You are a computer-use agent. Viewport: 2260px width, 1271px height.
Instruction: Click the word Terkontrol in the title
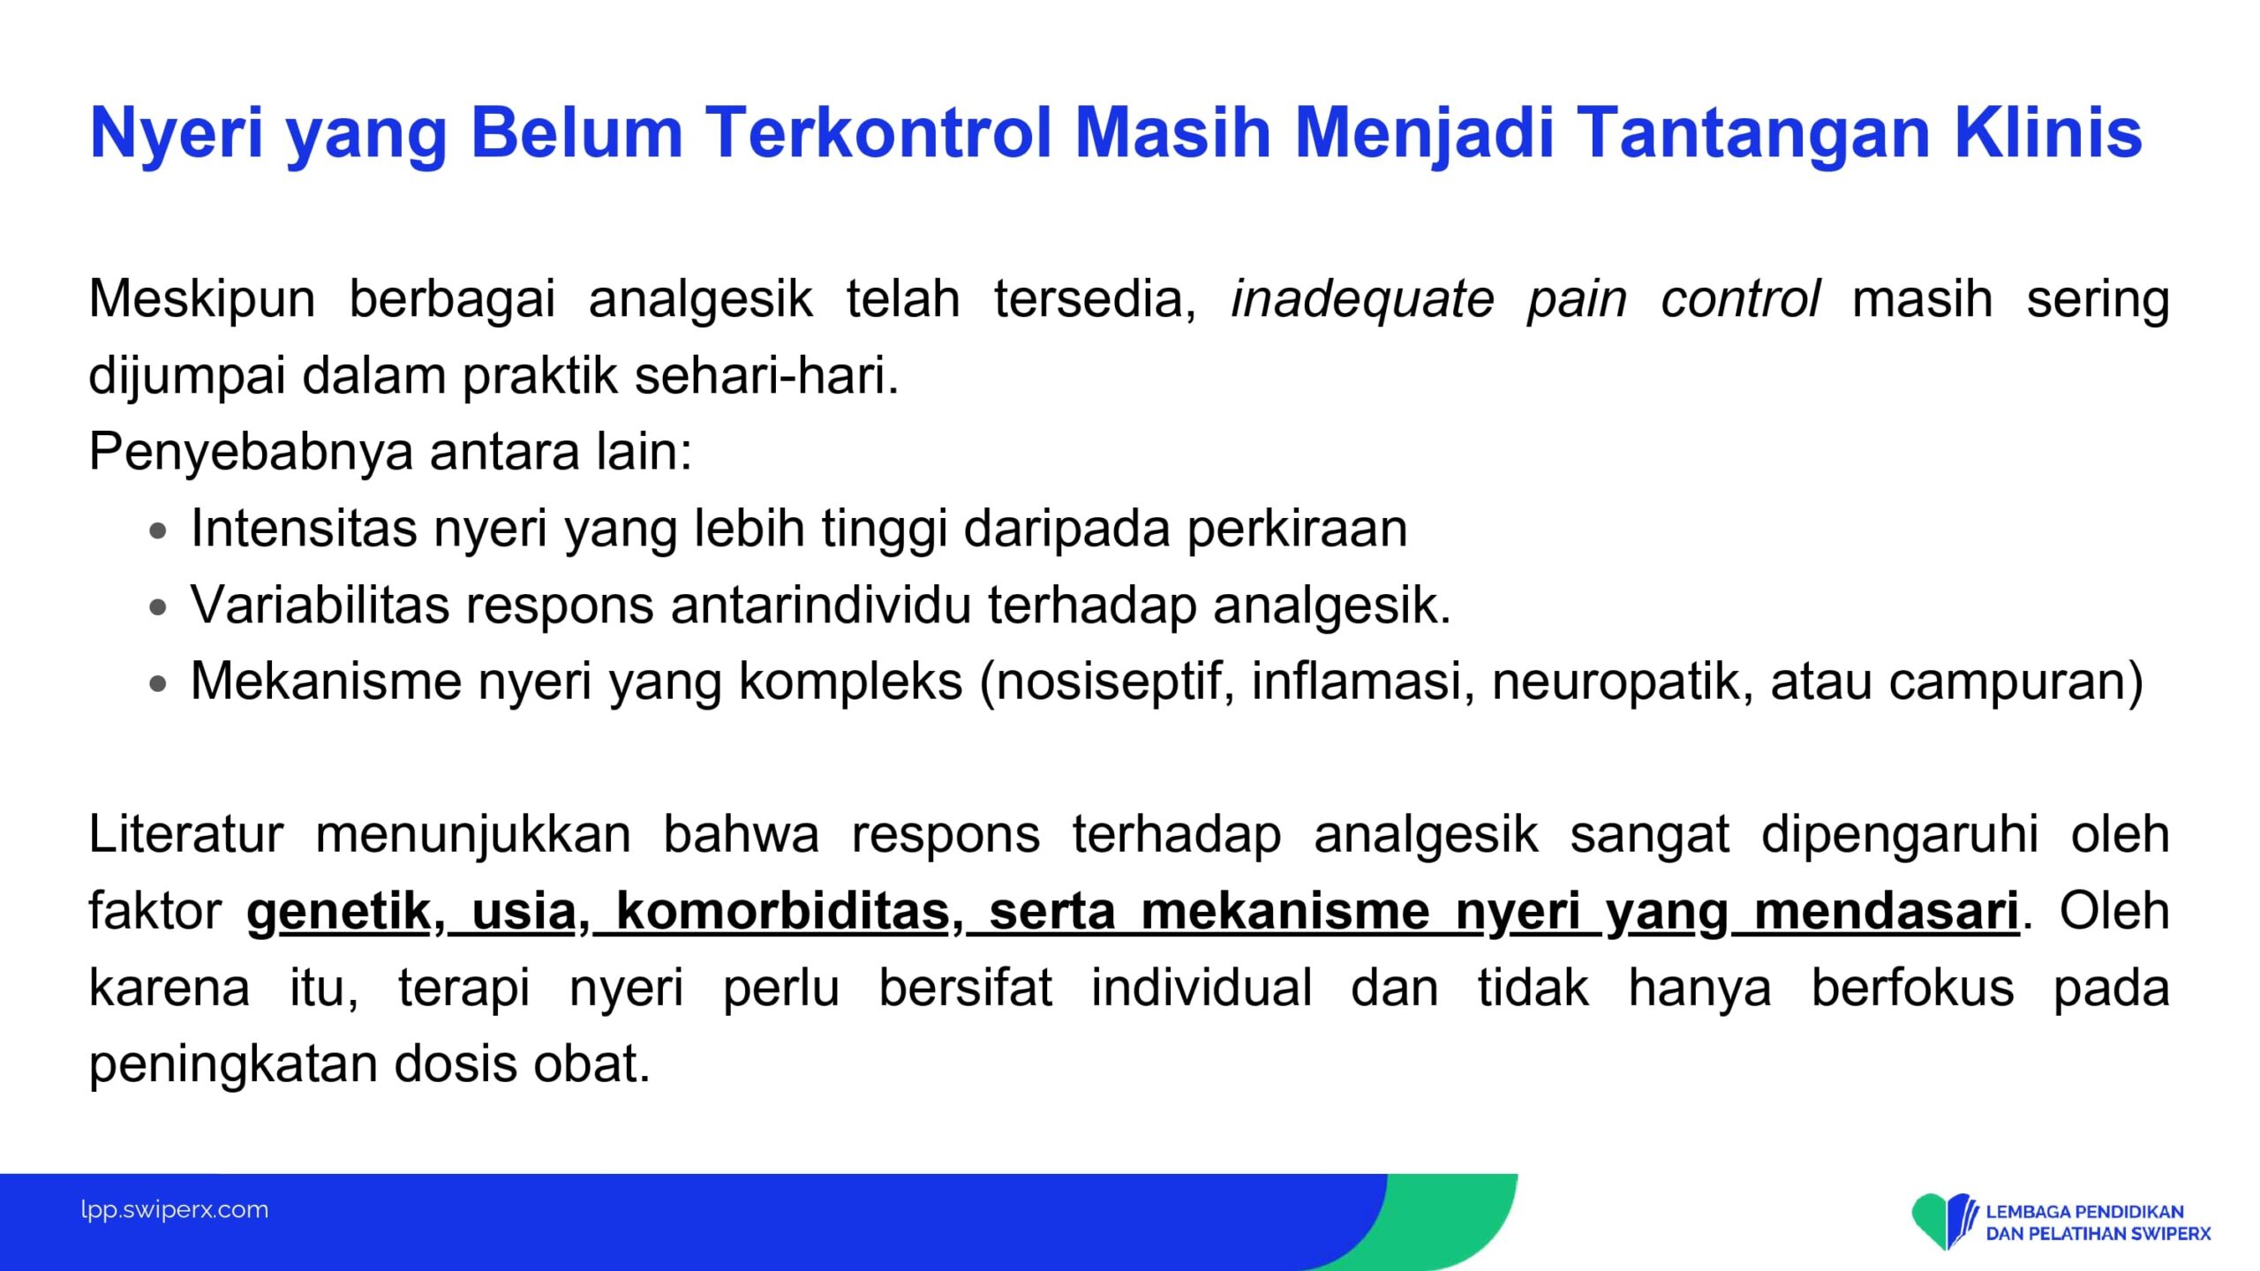(878, 132)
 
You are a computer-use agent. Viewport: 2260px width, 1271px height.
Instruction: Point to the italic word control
(1739, 298)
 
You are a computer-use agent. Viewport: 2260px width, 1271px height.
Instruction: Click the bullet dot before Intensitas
(158, 531)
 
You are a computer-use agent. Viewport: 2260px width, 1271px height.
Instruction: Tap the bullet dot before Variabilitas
(158, 607)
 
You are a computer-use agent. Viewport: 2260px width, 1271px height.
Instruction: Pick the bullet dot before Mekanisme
(158, 683)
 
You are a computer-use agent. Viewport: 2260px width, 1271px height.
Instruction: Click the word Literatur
(186, 835)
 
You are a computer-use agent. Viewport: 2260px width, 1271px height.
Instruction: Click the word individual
(1202, 988)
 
